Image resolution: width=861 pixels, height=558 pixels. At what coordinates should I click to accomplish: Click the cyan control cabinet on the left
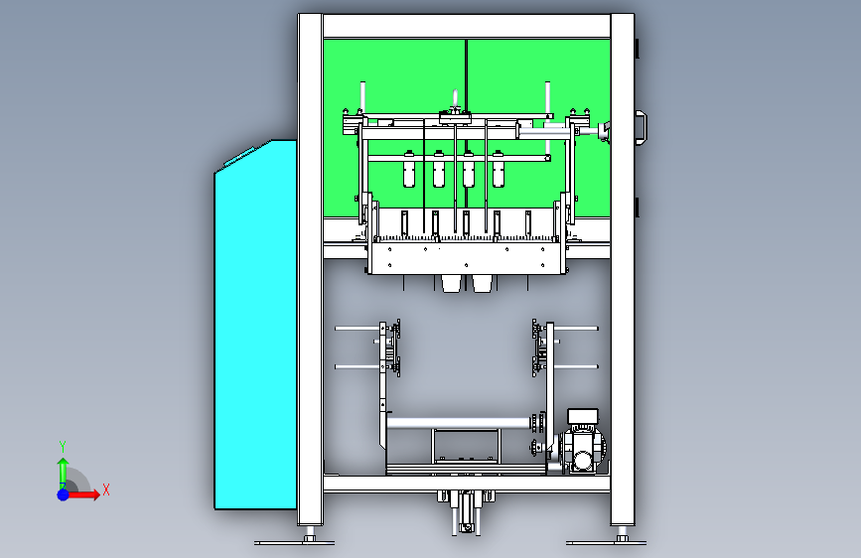[x=255, y=324]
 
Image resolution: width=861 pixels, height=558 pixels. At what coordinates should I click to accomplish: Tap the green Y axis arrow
[x=63, y=472]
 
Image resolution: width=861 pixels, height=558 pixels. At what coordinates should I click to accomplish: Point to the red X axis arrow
[x=82, y=494]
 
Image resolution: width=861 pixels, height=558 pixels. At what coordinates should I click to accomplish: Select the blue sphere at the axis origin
[x=63, y=494]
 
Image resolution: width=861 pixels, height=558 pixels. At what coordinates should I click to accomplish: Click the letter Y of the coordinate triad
[x=63, y=447]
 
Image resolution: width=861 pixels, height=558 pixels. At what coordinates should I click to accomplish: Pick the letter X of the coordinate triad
[x=106, y=489]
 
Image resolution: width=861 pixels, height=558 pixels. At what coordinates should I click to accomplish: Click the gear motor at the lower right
[x=582, y=444]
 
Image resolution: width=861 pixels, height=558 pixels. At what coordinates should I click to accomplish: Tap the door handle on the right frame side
[x=642, y=128]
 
